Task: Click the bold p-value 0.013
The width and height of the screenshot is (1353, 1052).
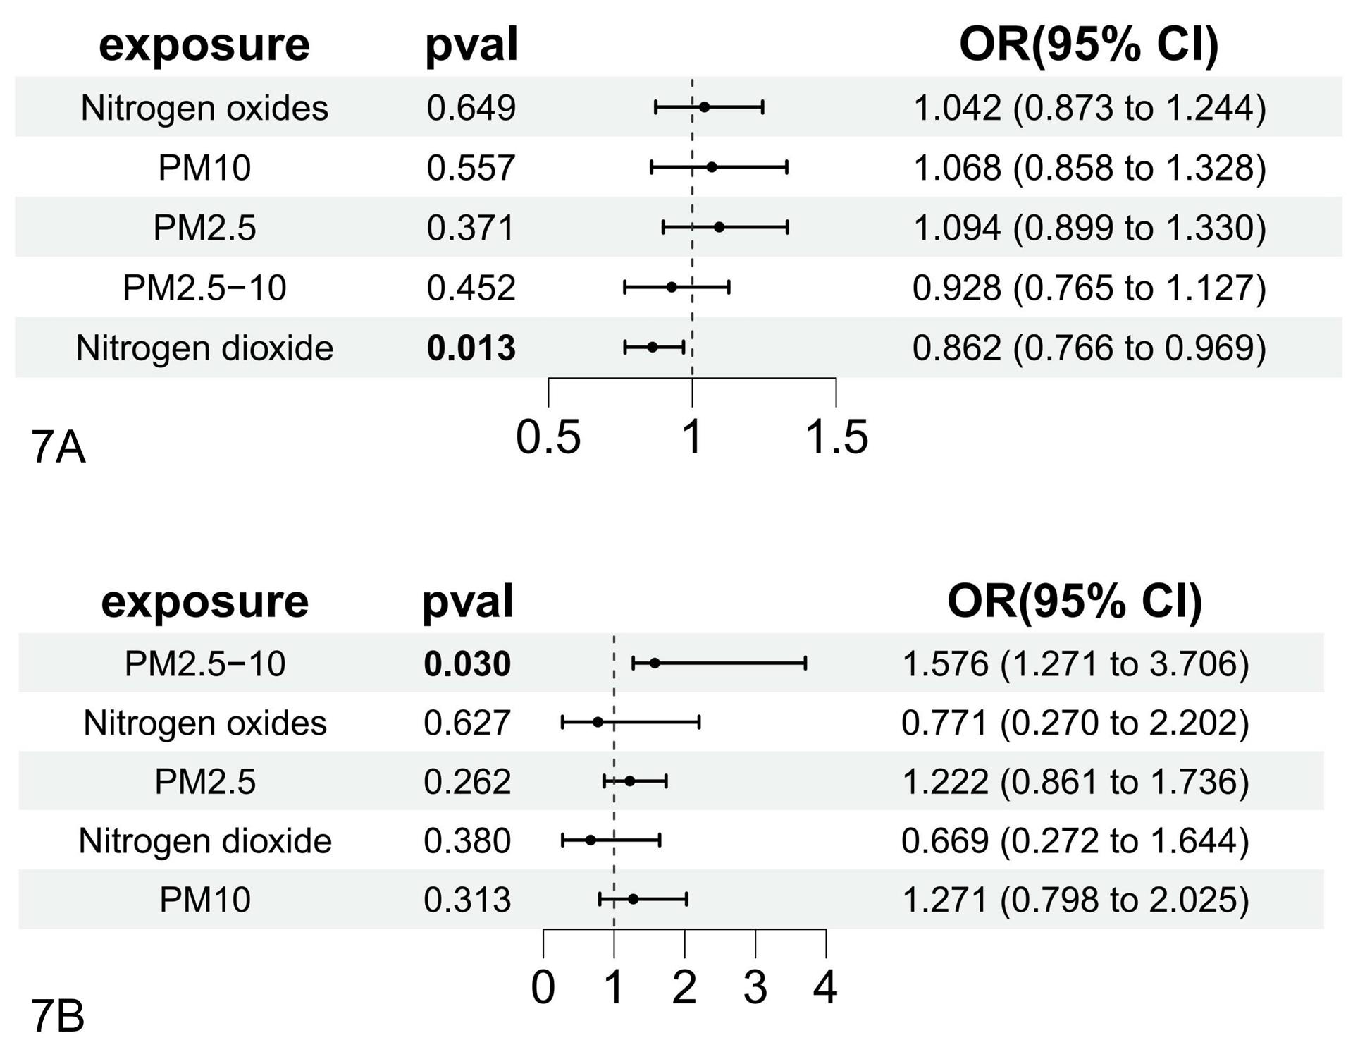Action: [471, 348]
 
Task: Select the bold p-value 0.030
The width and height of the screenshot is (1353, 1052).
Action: [467, 663]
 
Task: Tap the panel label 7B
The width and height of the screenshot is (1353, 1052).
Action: [58, 1017]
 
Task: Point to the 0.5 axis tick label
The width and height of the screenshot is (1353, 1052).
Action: [548, 436]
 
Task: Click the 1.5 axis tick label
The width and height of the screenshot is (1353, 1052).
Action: [836, 436]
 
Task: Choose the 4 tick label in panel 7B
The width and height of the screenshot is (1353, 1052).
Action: [825, 987]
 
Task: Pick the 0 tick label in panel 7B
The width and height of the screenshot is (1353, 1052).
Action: [543, 987]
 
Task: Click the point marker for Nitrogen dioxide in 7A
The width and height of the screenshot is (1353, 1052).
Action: [653, 347]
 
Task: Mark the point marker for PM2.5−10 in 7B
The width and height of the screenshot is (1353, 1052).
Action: [655, 663]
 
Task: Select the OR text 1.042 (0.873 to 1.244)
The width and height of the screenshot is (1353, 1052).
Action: [1089, 108]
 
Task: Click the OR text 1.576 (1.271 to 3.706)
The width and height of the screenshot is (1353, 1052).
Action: [1075, 663]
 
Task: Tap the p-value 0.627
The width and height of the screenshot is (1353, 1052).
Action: [467, 723]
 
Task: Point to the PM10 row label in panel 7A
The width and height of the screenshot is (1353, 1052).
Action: [204, 168]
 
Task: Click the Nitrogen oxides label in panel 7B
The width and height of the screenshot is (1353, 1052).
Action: [205, 723]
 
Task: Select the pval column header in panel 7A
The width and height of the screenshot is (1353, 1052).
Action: [471, 45]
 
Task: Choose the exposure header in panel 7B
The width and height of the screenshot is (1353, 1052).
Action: [205, 601]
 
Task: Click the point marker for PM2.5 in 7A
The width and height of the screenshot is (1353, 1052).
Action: [719, 227]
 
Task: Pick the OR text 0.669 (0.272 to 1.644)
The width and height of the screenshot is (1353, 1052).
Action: [1075, 840]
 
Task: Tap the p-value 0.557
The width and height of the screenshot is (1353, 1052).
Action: [471, 168]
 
